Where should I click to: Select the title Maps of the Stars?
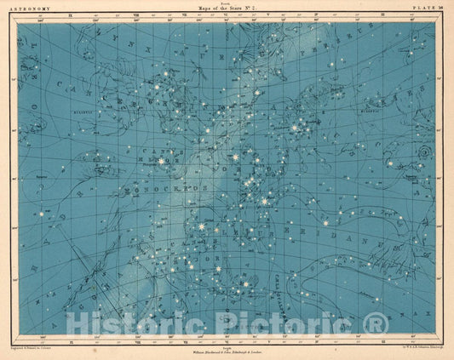pyautogui.click(x=227, y=9)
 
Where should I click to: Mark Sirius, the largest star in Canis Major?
pyautogui.click(x=202, y=228)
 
